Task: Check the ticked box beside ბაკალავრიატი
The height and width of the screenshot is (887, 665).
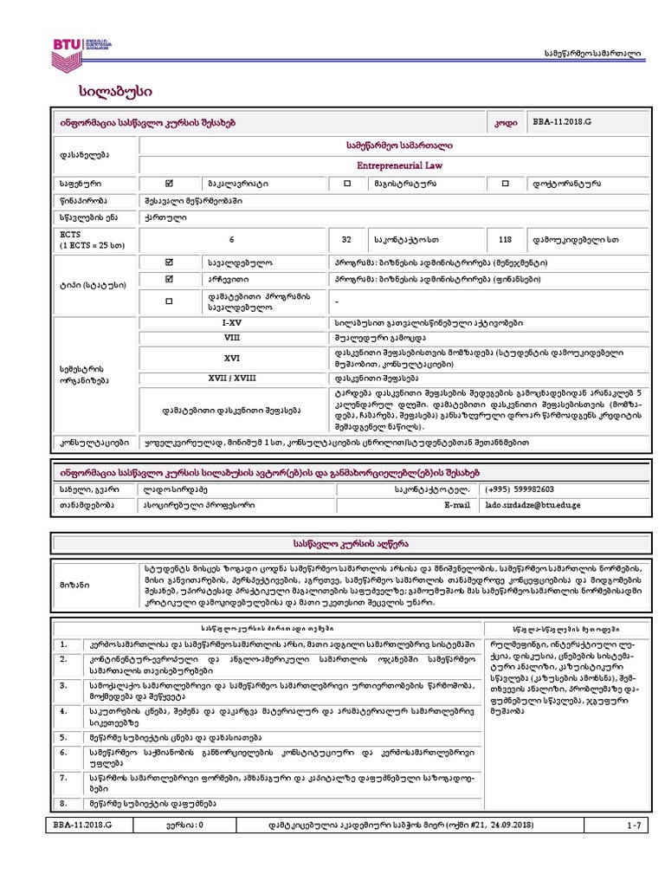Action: (x=169, y=184)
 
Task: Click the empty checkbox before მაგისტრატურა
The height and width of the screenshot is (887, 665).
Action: (x=347, y=184)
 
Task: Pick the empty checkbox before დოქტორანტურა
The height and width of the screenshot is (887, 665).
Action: (x=506, y=184)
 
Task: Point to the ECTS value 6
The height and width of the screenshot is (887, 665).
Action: (x=232, y=239)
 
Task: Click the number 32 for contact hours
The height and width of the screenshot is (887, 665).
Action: (x=346, y=239)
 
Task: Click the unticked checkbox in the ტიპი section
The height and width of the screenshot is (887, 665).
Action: (x=169, y=300)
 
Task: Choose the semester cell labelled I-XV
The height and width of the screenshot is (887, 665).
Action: (x=232, y=322)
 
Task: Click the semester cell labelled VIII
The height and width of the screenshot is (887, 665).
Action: (x=232, y=338)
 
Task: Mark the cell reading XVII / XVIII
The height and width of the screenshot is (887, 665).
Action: (x=232, y=379)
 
